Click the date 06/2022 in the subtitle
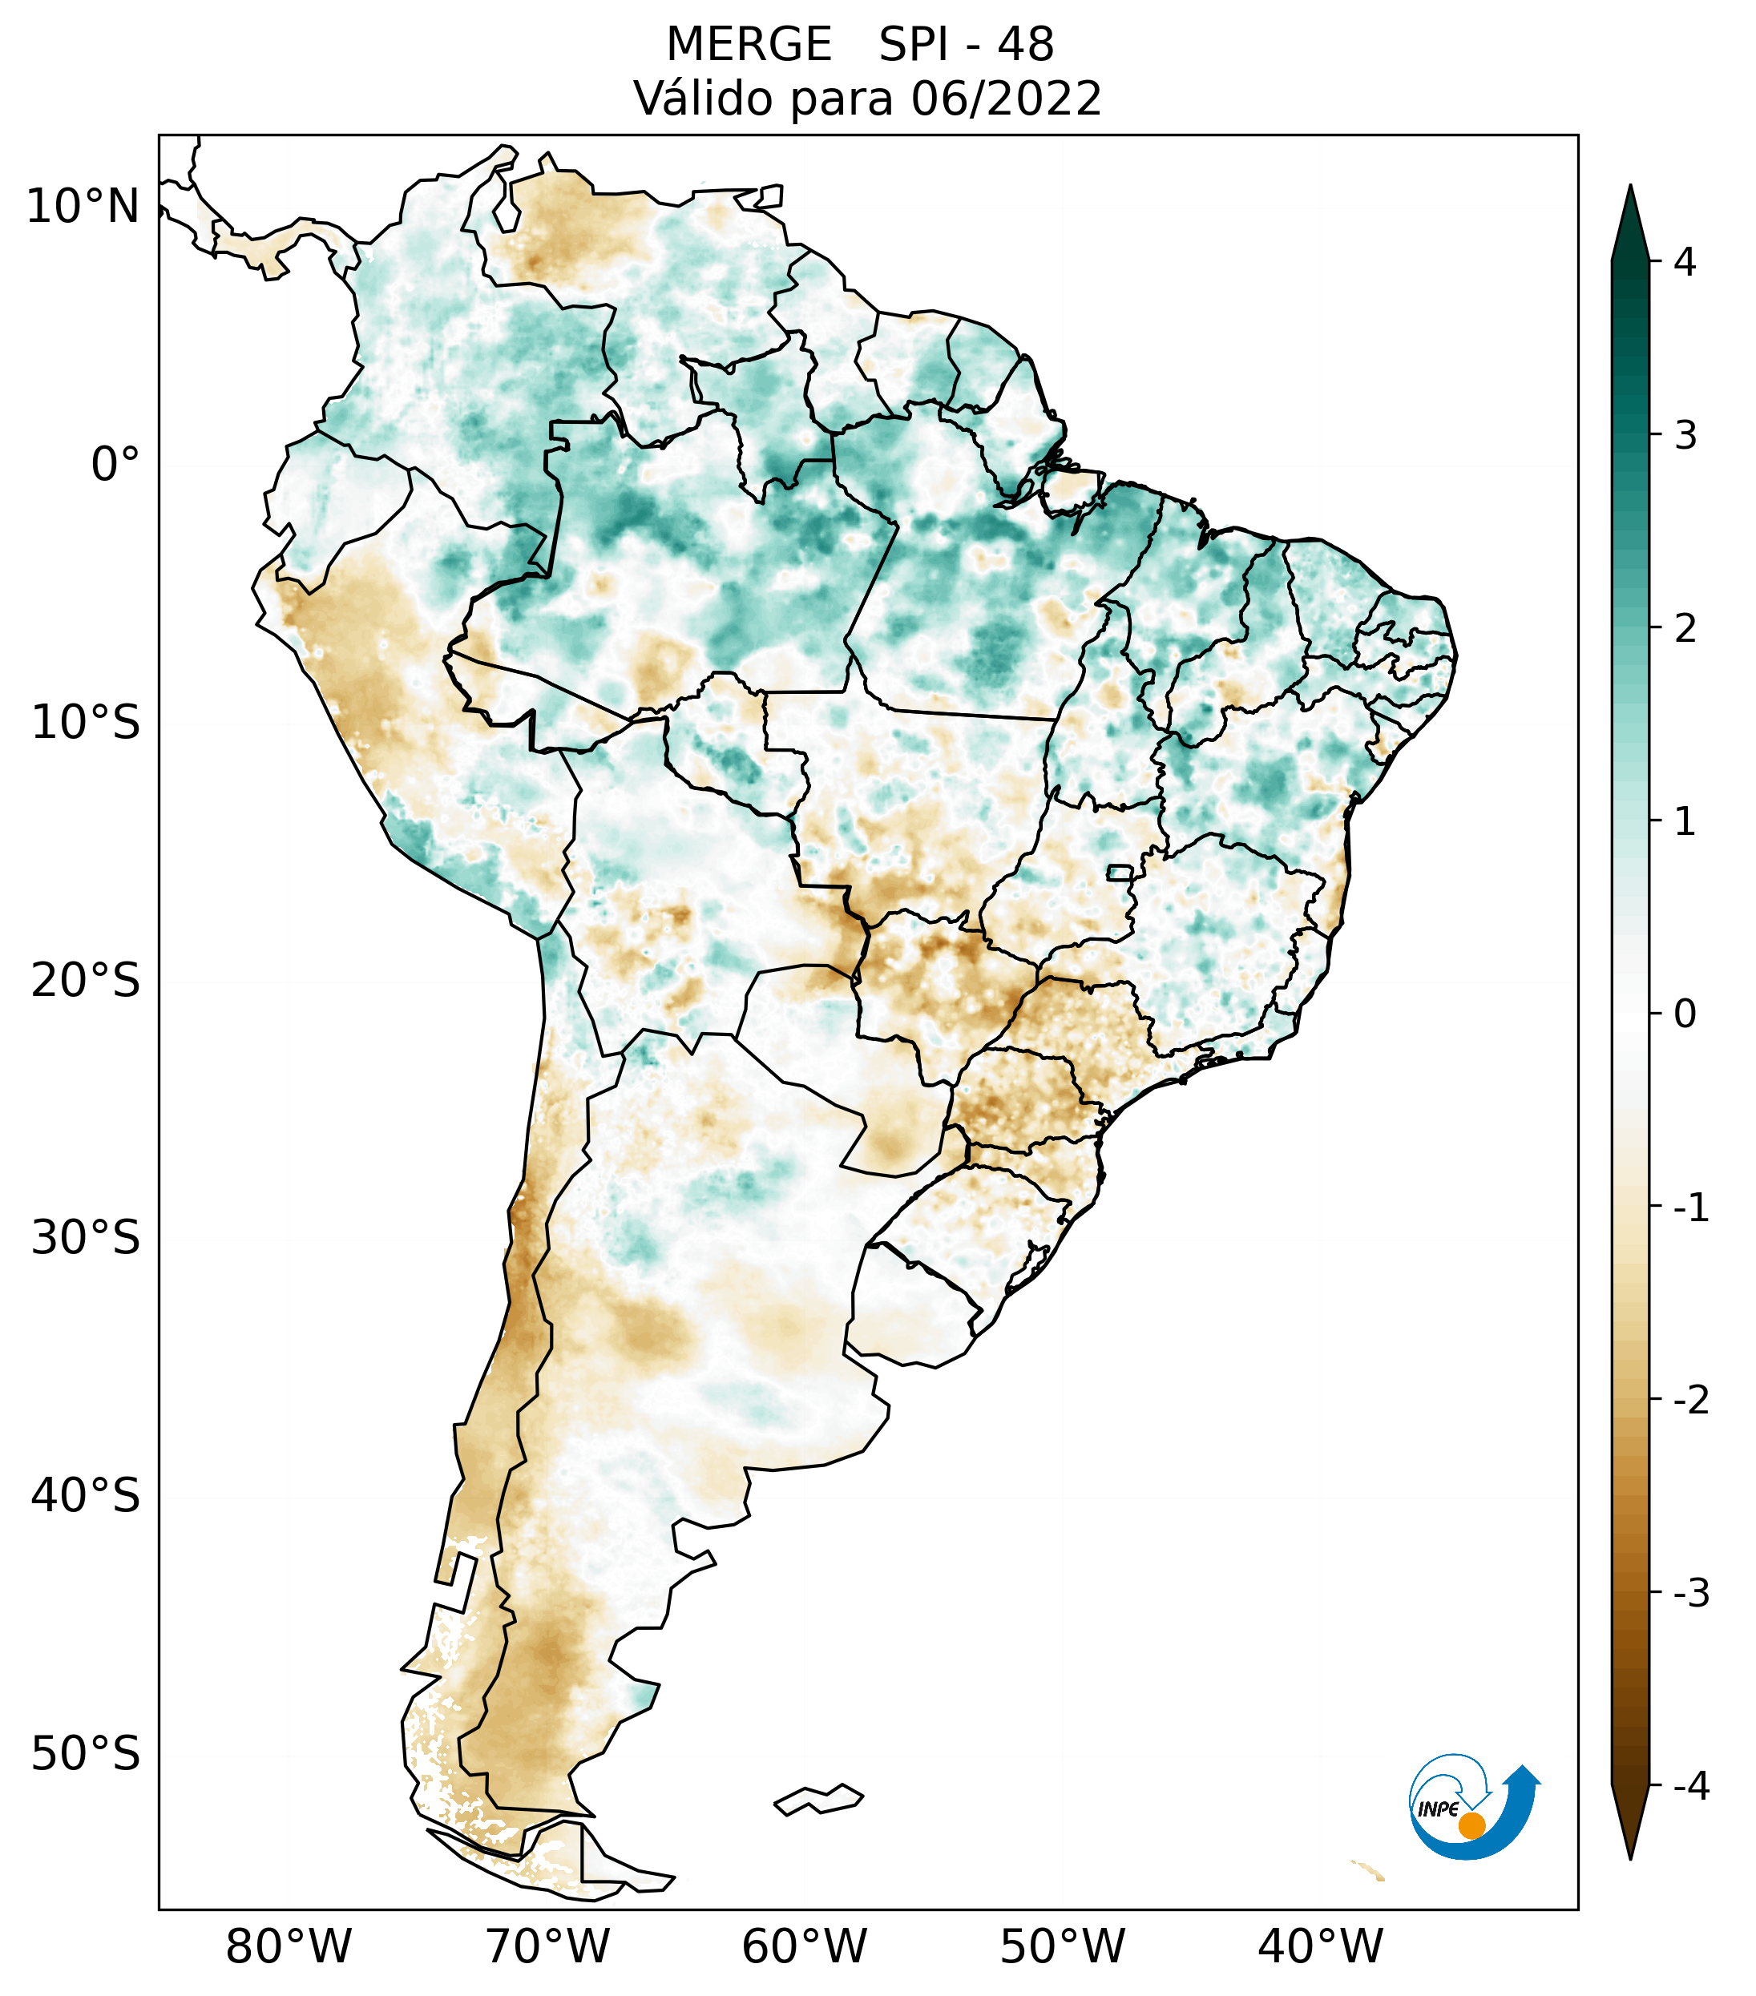coord(1006,99)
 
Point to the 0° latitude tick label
coord(115,465)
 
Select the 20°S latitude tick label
coord(86,981)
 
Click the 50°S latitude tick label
coord(86,1754)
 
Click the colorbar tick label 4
coord(1685,262)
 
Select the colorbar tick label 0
coord(1685,1014)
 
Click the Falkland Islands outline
coord(818,1799)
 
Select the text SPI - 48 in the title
coord(966,45)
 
